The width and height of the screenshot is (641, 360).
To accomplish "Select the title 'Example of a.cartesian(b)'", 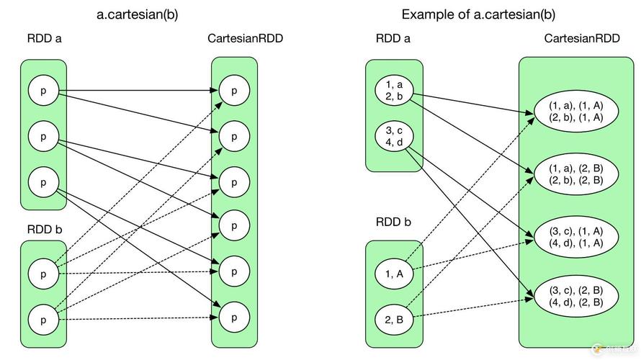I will click(x=478, y=14).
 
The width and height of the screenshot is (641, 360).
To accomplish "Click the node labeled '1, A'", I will click(x=394, y=273).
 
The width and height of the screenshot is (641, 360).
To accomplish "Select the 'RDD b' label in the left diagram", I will click(x=44, y=230).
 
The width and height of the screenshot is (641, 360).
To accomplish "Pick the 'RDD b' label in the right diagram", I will click(x=393, y=222).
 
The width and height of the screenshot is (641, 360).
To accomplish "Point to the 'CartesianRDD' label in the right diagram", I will click(x=582, y=39).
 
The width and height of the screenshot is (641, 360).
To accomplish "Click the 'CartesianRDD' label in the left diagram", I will click(x=245, y=39).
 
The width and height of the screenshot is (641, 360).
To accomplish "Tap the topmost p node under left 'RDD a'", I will click(x=43, y=91).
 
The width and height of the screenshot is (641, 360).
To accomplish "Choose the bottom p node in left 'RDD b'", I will click(x=43, y=318).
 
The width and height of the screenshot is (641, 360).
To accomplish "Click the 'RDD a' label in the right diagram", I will click(x=393, y=39).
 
